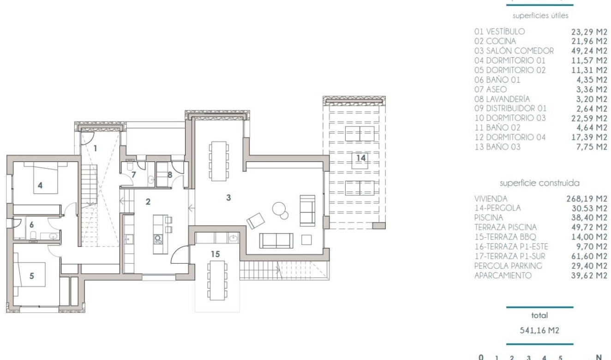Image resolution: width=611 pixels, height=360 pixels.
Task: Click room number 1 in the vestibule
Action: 95,148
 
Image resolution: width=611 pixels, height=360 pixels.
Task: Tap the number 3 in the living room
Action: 228,198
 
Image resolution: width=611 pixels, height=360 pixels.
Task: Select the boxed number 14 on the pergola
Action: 361,157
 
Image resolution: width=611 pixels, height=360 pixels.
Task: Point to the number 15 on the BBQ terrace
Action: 216,254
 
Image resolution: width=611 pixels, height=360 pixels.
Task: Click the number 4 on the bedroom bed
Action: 40,186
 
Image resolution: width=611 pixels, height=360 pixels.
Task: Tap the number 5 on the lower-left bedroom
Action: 31,276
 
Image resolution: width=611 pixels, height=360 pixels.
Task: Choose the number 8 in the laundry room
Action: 169,174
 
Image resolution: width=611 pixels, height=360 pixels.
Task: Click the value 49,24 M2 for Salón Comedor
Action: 587,51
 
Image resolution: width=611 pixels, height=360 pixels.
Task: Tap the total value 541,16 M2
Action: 539,330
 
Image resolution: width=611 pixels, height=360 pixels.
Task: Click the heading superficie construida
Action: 539,183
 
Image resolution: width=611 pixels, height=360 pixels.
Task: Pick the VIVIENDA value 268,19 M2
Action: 587,198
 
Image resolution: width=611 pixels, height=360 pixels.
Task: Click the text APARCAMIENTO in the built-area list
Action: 503,276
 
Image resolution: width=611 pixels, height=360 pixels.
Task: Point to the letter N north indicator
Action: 599,357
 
